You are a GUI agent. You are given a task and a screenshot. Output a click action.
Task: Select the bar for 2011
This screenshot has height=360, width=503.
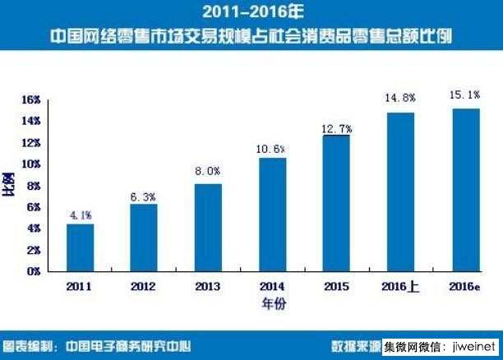pyautogui.click(x=80, y=247)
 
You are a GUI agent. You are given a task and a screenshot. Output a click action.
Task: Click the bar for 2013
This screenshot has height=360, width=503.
pyautogui.click(x=208, y=227)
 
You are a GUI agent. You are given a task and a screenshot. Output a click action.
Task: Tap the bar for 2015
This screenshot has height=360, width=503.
pyautogui.click(x=336, y=202)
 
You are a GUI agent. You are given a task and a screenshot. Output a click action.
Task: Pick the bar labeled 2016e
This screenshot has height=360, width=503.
pyautogui.click(x=465, y=189)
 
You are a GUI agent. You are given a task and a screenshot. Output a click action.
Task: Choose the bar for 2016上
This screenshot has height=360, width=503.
pyautogui.click(x=400, y=191)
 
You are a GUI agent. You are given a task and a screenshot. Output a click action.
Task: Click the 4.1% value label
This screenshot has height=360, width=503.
pyautogui.click(x=80, y=216)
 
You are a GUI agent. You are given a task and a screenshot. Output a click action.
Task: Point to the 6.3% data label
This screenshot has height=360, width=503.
pyautogui.click(x=144, y=196)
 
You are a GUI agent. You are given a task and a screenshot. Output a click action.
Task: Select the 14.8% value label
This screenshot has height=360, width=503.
pyautogui.click(x=400, y=99)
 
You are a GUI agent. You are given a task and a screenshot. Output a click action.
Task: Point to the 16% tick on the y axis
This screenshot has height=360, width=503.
pyautogui.click(x=31, y=100)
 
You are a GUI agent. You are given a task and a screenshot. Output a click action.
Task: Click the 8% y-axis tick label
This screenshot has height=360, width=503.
pyautogui.click(x=34, y=186)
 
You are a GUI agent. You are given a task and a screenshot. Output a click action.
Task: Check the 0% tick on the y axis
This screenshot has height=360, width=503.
pyautogui.click(x=34, y=271)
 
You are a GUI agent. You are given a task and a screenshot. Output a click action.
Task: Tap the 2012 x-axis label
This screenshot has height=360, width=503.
pyautogui.click(x=144, y=286)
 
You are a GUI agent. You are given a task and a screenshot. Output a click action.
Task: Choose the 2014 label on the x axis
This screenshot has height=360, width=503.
pyautogui.click(x=272, y=286)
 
